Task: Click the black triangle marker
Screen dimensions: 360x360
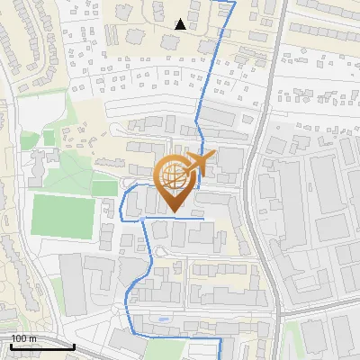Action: pyautogui.click(x=181, y=24)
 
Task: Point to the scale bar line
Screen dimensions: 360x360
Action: pyautogui.click(x=41, y=346)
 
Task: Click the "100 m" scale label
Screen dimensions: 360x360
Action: pyautogui.click(x=23, y=338)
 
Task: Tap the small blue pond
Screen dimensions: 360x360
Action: pyautogui.click(x=161, y=319)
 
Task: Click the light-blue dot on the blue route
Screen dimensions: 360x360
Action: pyautogui.click(x=141, y=219)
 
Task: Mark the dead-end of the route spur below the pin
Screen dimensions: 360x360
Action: pyautogui.click(x=203, y=219)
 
